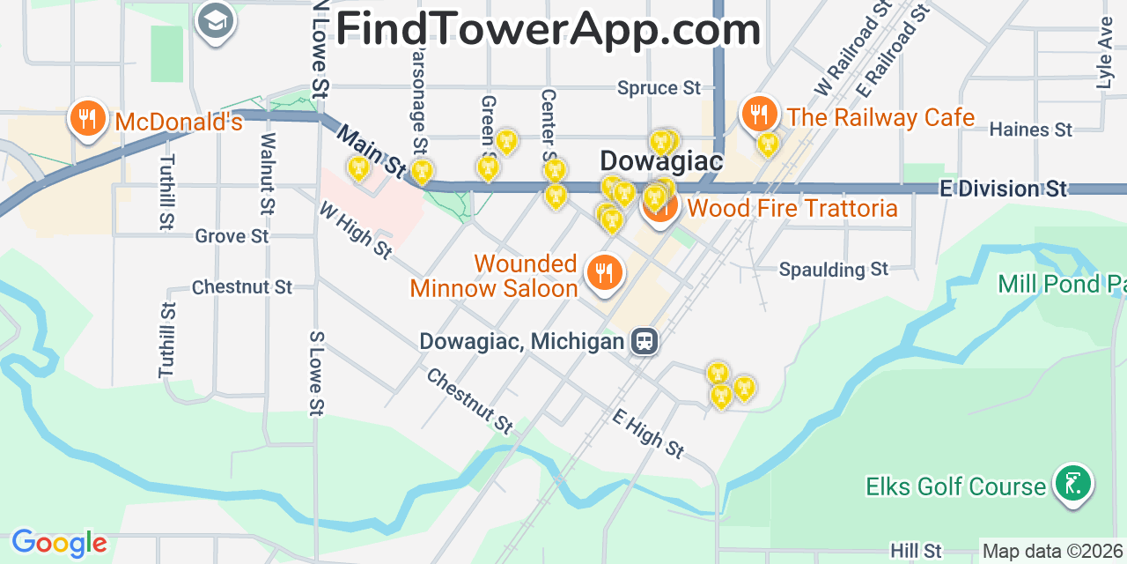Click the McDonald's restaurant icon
point(87,116)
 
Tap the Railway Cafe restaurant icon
point(759,113)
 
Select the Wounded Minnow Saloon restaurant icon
point(603,273)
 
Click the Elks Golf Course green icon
point(1072,483)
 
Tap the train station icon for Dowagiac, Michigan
point(645,341)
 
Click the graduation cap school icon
point(216,19)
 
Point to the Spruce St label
point(659,88)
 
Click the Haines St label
point(1030,130)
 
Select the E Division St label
point(1003,189)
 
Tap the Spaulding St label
point(834,269)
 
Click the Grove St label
point(232,236)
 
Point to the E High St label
point(648,434)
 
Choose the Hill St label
point(916,552)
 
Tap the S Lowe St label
point(316,373)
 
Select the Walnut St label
point(268,174)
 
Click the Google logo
point(59,543)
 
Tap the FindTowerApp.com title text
point(548,29)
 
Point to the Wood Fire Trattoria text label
point(792,209)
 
